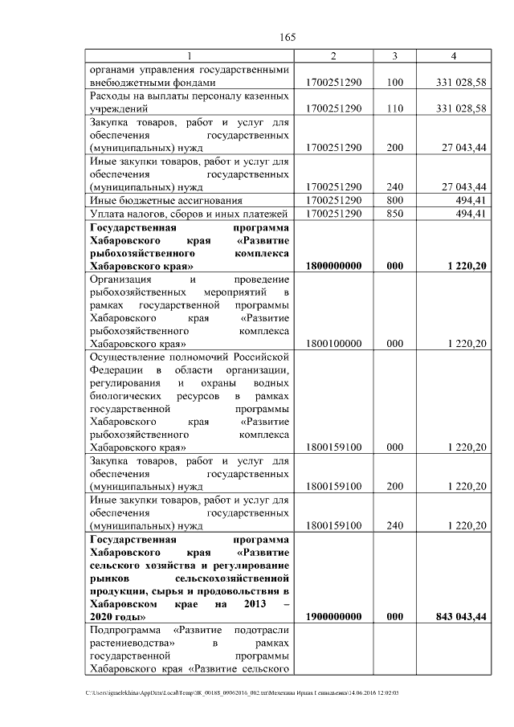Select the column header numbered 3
pos(394,55)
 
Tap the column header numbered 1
pos(190,55)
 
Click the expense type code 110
pos(394,108)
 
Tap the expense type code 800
pos(394,199)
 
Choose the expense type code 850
pos(394,213)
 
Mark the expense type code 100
pos(394,82)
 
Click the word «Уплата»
pos(107,213)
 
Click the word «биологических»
pos(125,396)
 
